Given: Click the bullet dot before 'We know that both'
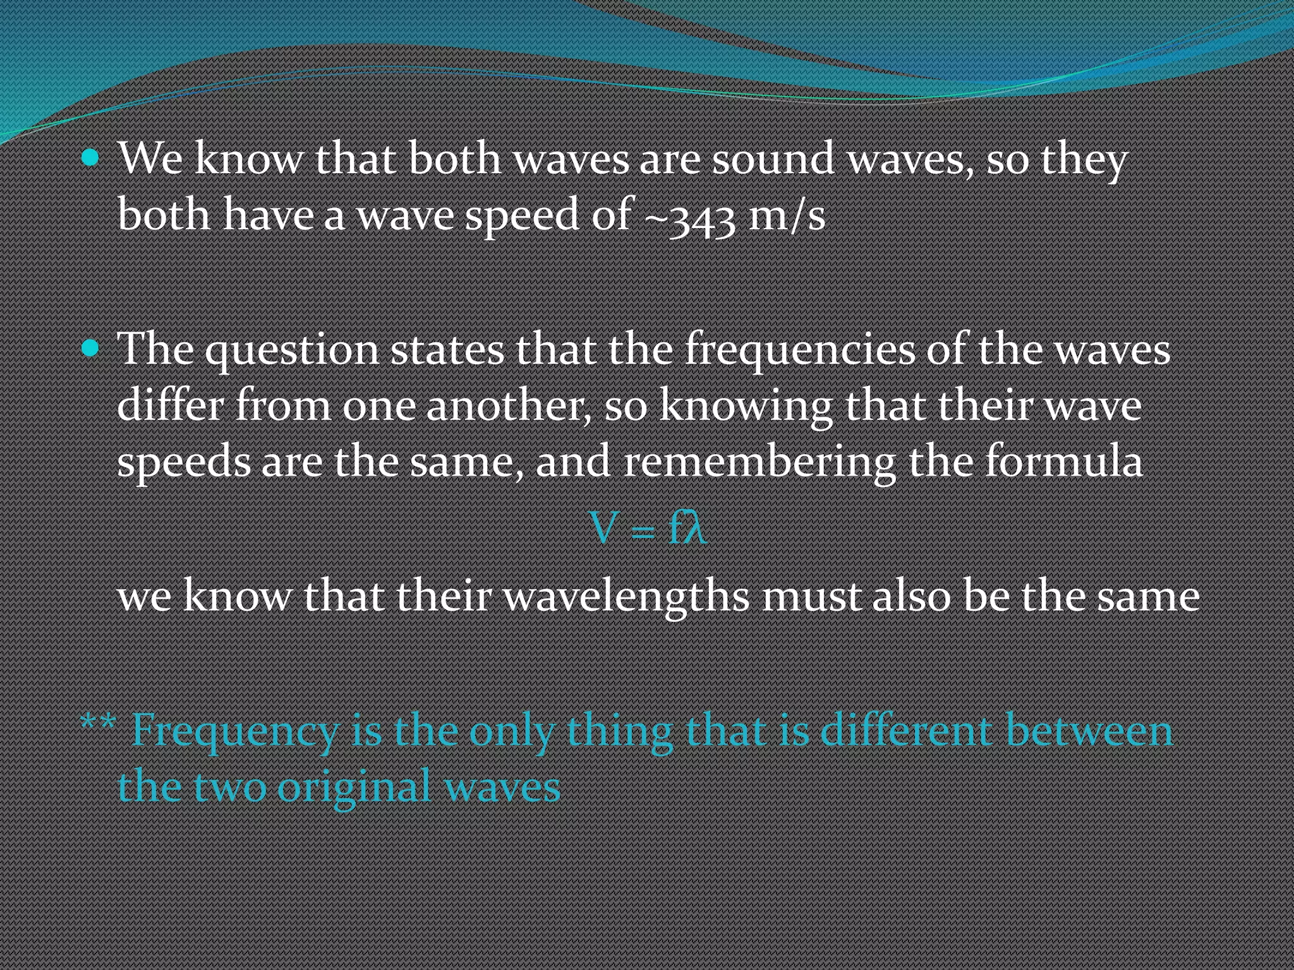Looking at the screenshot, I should click(91, 157).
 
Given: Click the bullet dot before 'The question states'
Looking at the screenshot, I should click(91, 348).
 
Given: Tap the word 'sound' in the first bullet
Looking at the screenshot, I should click(773, 159).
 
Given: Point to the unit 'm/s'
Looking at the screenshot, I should click(787, 215).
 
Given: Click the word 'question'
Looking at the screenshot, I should click(291, 351).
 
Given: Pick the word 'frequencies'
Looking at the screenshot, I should click(800, 351).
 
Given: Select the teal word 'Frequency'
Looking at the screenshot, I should click(235, 732).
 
